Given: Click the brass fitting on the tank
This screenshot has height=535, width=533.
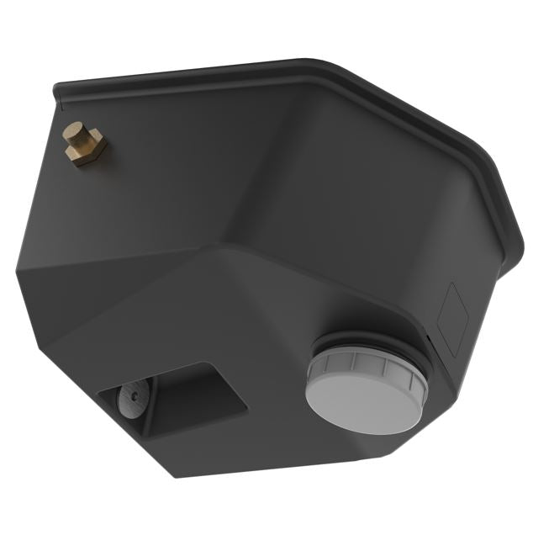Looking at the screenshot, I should [x=85, y=144].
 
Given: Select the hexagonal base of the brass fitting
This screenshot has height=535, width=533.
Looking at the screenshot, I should [x=87, y=150].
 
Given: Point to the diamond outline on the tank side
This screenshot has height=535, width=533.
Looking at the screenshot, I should [x=451, y=319].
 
